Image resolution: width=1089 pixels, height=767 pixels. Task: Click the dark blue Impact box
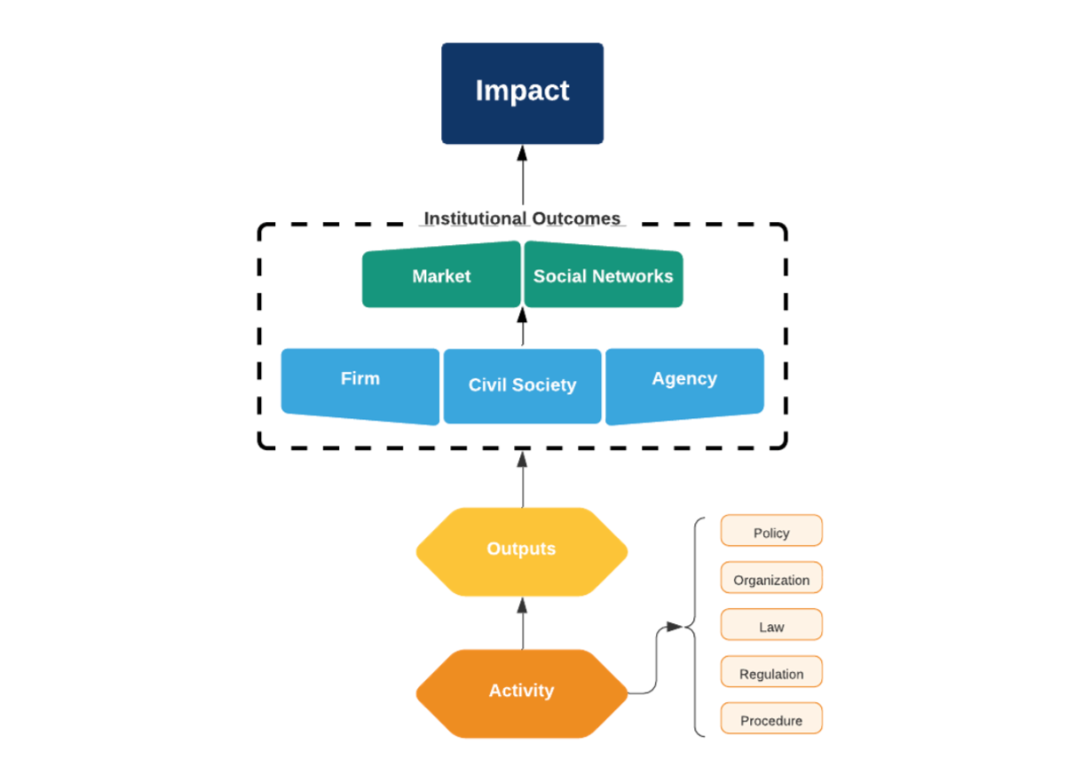pos(522,93)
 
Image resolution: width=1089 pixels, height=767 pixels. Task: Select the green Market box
pos(441,276)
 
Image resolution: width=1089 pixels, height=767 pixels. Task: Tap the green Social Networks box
pos(604,276)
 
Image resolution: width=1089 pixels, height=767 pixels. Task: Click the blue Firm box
pos(360,382)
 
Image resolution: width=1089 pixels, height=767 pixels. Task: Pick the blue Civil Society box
pos(522,385)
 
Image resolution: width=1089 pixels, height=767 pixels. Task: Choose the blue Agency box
pos(684,382)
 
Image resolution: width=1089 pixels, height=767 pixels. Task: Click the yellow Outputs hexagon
pos(522,550)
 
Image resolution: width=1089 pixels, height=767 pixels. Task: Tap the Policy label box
pos(771,532)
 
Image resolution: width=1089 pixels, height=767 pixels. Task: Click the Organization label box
pos(771,579)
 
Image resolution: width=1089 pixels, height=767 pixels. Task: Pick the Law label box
pos(771,626)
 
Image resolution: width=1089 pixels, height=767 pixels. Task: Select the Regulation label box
pos(771,673)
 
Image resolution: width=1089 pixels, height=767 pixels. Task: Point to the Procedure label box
pos(771,720)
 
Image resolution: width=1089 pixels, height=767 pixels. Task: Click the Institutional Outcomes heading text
pos(522,218)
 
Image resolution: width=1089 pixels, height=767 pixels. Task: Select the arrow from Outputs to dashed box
pos(522,479)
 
